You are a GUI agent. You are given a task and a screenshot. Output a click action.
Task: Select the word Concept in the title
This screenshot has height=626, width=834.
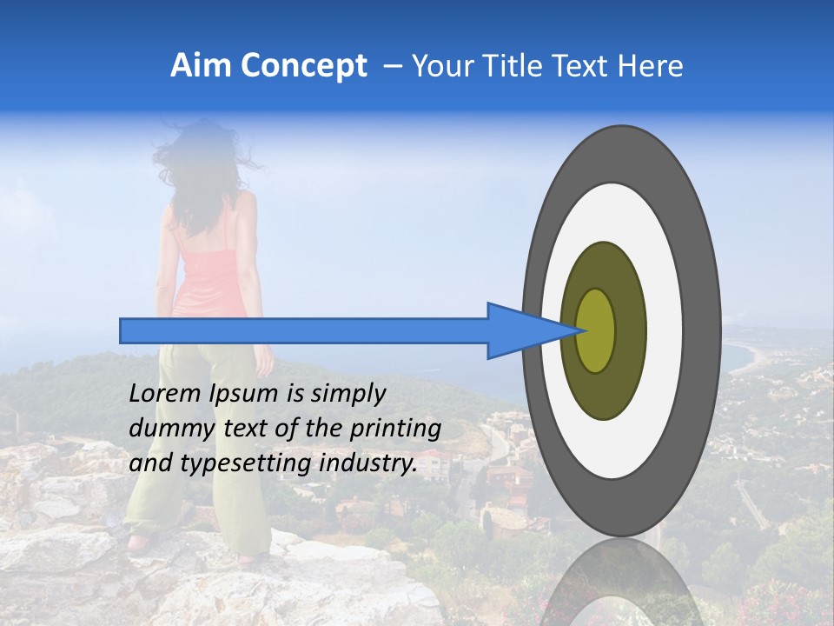pyautogui.click(x=304, y=67)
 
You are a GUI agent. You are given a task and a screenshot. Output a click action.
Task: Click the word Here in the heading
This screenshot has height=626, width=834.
pyautogui.click(x=651, y=66)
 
